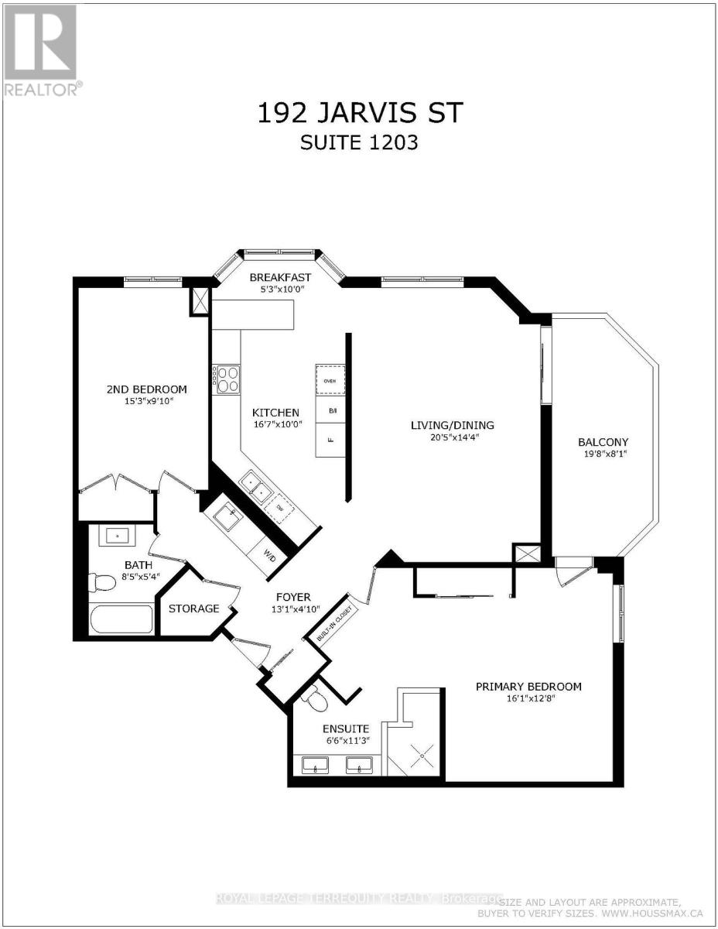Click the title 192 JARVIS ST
point(359,113)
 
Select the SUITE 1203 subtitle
point(359,144)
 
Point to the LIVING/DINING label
point(452,425)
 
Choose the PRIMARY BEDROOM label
point(528,686)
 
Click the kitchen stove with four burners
point(227,380)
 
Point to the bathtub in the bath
point(121,619)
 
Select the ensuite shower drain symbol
point(422,751)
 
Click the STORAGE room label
point(193,608)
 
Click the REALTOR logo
point(41,50)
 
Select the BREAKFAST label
point(280,277)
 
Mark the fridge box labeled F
point(330,439)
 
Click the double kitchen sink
point(255,487)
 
